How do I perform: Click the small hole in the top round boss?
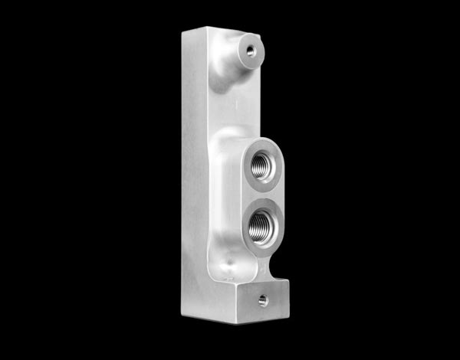[x=250, y=51]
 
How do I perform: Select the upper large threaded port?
[x=261, y=166]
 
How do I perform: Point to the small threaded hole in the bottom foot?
[x=263, y=300]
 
